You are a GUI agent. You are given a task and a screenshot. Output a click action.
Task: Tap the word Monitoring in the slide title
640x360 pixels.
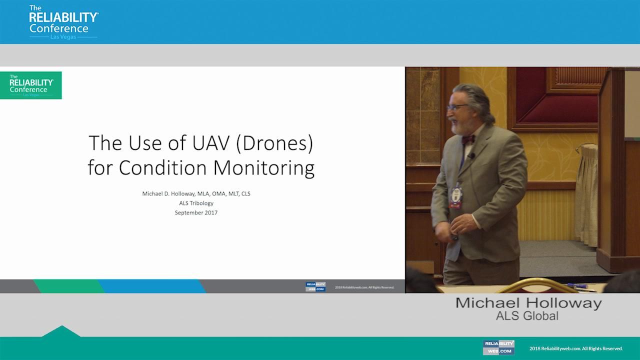pyautogui.click(x=264, y=167)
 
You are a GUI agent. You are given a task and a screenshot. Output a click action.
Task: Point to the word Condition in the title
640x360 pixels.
pyautogui.click(x=166, y=167)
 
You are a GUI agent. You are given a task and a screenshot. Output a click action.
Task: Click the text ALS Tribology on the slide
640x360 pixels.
pyautogui.click(x=196, y=203)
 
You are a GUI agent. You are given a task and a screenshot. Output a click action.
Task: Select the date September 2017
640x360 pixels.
pyautogui.click(x=196, y=212)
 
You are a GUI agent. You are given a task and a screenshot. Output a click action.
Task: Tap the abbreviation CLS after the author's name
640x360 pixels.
pyautogui.click(x=245, y=193)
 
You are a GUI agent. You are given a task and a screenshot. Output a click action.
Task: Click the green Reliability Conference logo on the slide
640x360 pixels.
pyautogui.click(x=31, y=85)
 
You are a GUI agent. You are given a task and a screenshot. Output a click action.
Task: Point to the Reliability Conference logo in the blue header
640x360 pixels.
pyautogui.click(x=63, y=22)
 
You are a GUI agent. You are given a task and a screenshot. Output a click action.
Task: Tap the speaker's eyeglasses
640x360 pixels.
pyautogui.click(x=457, y=106)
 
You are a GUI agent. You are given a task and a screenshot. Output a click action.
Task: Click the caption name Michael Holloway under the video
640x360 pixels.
pyautogui.click(x=528, y=303)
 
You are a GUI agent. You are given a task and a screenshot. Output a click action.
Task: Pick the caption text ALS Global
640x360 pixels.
pyautogui.click(x=527, y=316)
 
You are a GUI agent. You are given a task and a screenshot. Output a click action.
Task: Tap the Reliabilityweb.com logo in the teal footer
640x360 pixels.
pyautogui.click(x=499, y=347)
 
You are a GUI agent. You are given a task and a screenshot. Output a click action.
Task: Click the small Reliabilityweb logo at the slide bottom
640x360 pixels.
pyautogui.click(x=315, y=287)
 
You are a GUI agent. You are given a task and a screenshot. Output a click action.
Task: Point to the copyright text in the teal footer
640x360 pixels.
pyautogui.click(x=576, y=348)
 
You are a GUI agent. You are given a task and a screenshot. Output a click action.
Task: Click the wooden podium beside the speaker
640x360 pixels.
pyautogui.click(x=620, y=165)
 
